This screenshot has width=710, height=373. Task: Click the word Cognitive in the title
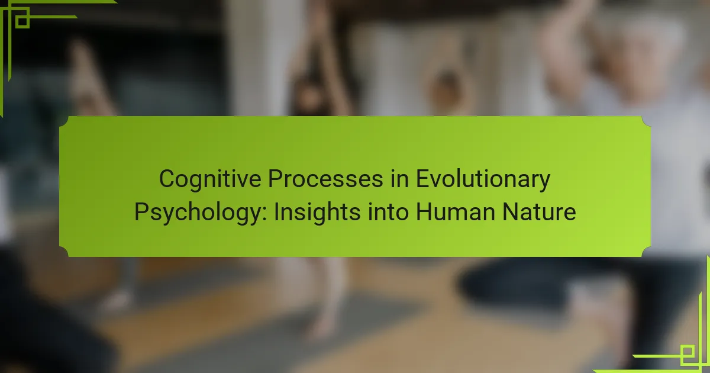click(210, 179)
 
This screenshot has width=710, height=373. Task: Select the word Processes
click(325, 179)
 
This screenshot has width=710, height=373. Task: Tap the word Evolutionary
click(483, 179)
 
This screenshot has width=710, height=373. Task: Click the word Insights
click(317, 213)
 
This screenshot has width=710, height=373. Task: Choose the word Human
click(456, 212)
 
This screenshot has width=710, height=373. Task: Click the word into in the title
click(388, 211)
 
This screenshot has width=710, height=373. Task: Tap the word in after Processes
click(399, 179)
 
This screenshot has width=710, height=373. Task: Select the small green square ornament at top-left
click(22, 21)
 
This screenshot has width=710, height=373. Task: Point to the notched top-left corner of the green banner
click(64, 121)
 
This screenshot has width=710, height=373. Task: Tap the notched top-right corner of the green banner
click(646, 121)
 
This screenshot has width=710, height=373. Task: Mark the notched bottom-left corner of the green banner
click(64, 252)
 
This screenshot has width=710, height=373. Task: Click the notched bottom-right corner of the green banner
click(646, 252)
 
